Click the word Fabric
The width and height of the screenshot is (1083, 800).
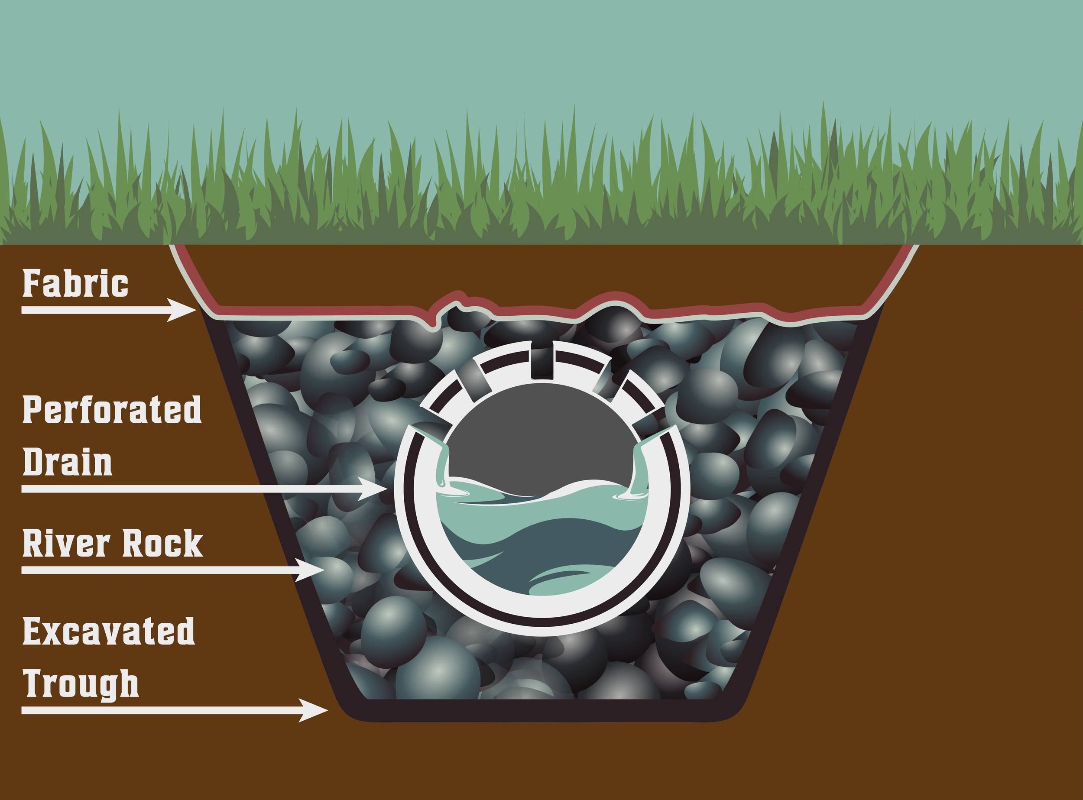point(75,284)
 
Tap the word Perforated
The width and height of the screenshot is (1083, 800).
point(112,410)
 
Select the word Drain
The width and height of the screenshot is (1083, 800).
point(67,463)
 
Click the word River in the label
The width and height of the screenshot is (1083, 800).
point(66,543)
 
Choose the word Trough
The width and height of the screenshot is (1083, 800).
point(81,684)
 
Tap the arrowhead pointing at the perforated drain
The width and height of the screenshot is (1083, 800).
point(374,489)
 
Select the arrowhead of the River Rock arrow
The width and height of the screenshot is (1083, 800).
point(311,570)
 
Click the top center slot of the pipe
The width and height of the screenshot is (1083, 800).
point(541,361)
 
